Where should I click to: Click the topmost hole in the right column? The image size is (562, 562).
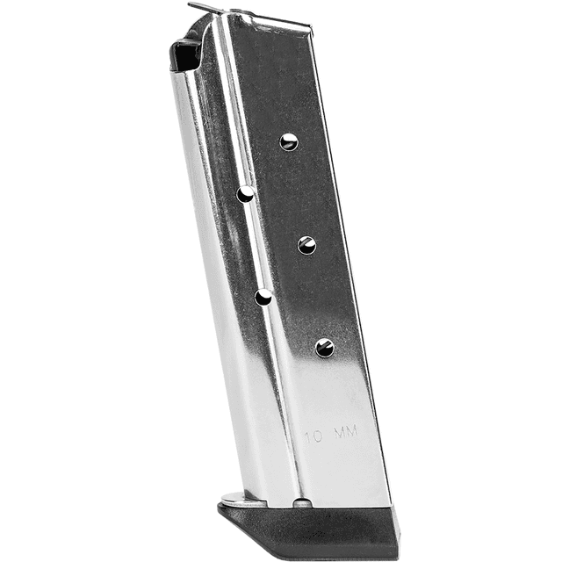288,141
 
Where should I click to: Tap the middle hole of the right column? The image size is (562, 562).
306,245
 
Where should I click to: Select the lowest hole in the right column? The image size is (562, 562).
324,348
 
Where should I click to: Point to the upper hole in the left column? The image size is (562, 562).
246,193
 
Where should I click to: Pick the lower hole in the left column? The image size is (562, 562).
263,297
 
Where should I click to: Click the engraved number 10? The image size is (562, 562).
313,435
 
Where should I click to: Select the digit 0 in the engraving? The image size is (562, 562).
320,435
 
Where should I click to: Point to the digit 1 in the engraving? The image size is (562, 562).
307,435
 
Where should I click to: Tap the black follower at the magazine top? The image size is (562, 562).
185,54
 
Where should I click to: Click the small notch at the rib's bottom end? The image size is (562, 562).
301,502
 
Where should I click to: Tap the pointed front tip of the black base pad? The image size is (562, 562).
220,509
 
